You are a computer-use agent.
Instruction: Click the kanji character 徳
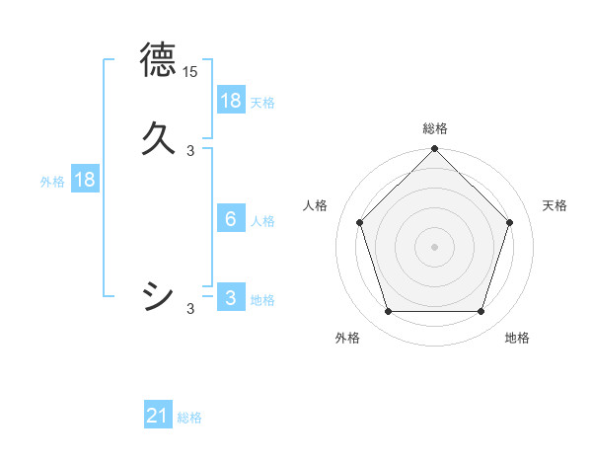click(158, 59)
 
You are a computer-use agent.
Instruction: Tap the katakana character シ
click(158, 296)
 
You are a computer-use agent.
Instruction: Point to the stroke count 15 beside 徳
click(189, 72)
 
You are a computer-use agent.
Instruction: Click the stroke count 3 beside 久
click(190, 151)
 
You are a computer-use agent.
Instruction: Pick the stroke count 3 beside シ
click(190, 309)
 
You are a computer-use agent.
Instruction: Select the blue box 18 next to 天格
click(231, 101)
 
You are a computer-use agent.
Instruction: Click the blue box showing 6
click(231, 219)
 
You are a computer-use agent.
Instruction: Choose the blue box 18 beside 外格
click(85, 181)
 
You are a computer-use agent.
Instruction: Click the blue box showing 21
click(158, 417)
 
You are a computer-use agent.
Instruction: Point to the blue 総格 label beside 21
click(189, 419)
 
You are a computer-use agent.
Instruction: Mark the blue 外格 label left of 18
click(51, 182)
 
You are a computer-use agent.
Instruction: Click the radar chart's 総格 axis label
click(435, 128)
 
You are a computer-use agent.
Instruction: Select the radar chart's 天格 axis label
click(555, 205)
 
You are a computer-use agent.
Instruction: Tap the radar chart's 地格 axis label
click(517, 338)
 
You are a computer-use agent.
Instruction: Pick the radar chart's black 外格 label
click(347, 338)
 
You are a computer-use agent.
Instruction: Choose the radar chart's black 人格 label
click(316, 205)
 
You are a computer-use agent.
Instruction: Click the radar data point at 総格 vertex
click(434, 150)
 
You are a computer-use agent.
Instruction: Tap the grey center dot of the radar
click(434, 246)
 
